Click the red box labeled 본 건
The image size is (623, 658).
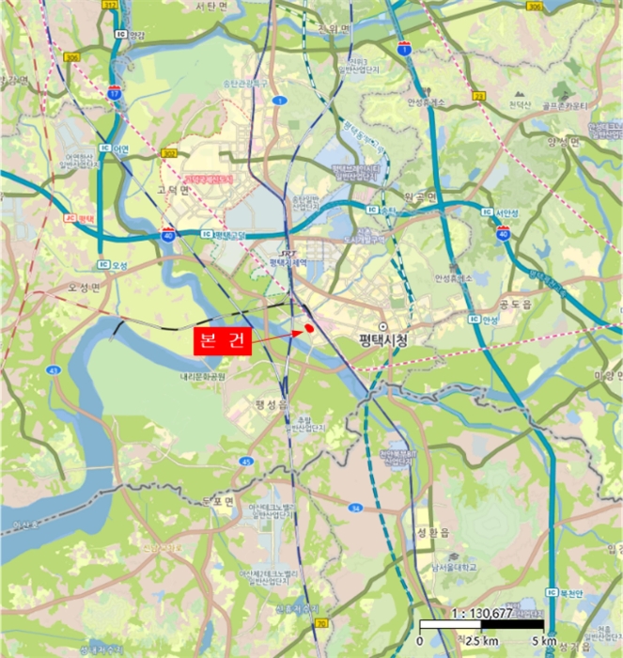click(223, 341)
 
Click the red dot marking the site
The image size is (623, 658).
click(308, 327)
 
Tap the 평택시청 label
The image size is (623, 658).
click(385, 339)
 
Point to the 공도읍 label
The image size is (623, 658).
click(516, 305)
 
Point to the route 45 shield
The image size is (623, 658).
click(245, 461)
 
